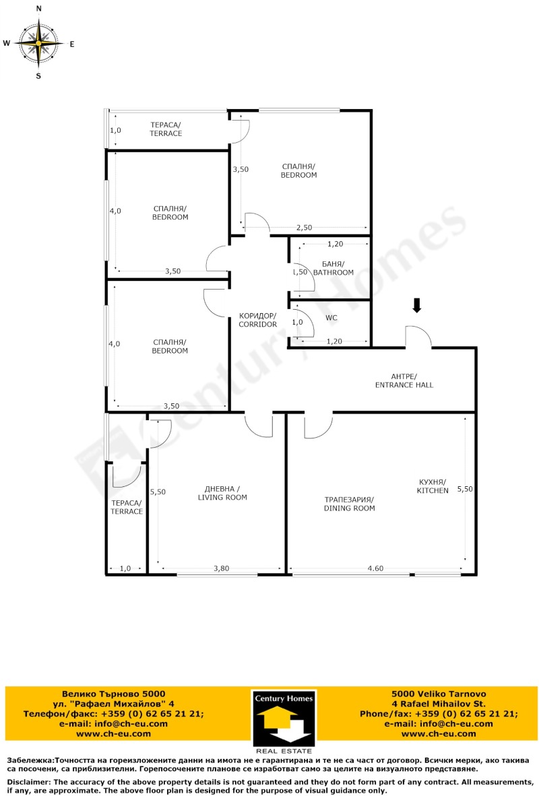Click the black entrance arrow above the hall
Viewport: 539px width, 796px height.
pos(417,306)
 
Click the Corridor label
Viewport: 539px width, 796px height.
pos(257,320)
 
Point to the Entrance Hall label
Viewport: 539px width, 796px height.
pos(404,380)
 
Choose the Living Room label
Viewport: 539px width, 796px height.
pos(222,493)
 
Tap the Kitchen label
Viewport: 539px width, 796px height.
pos(433,486)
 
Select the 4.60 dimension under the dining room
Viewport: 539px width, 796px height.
pos(375,569)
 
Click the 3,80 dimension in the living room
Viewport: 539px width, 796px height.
pos(222,569)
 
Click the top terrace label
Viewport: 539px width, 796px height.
pos(166,129)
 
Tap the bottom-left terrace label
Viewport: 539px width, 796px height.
pos(127,507)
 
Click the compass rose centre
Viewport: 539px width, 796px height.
pos(38,42)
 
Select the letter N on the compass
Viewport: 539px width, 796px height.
pos(38,9)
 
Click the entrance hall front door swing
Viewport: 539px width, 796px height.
pos(418,337)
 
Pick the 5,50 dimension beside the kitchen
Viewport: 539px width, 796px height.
pos(464,489)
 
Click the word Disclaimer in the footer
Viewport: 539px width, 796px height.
pos(32,781)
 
